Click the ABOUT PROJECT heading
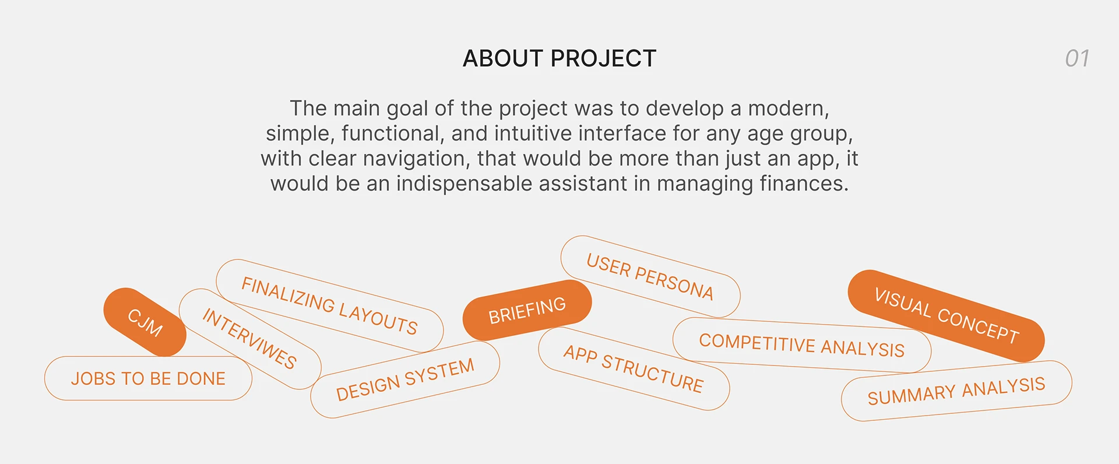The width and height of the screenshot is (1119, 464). (559, 58)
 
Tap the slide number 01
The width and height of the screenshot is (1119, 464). (1077, 58)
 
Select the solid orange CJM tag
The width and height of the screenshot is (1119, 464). (145, 322)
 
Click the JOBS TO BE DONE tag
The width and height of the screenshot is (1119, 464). (148, 378)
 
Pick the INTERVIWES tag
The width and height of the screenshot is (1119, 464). (250, 339)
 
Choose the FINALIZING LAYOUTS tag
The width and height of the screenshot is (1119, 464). (329, 306)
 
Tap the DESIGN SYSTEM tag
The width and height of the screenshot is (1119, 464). (405, 379)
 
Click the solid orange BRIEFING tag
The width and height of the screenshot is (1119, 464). (527, 310)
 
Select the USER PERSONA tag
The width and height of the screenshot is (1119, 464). (650, 276)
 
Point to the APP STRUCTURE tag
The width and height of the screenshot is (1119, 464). (634, 368)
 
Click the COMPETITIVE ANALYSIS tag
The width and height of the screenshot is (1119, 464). (802, 345)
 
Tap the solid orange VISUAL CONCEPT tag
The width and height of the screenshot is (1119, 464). (946, 315)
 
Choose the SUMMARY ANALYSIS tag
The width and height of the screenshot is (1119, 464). (956, 391)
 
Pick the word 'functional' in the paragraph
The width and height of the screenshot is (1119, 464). (393, 133)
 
